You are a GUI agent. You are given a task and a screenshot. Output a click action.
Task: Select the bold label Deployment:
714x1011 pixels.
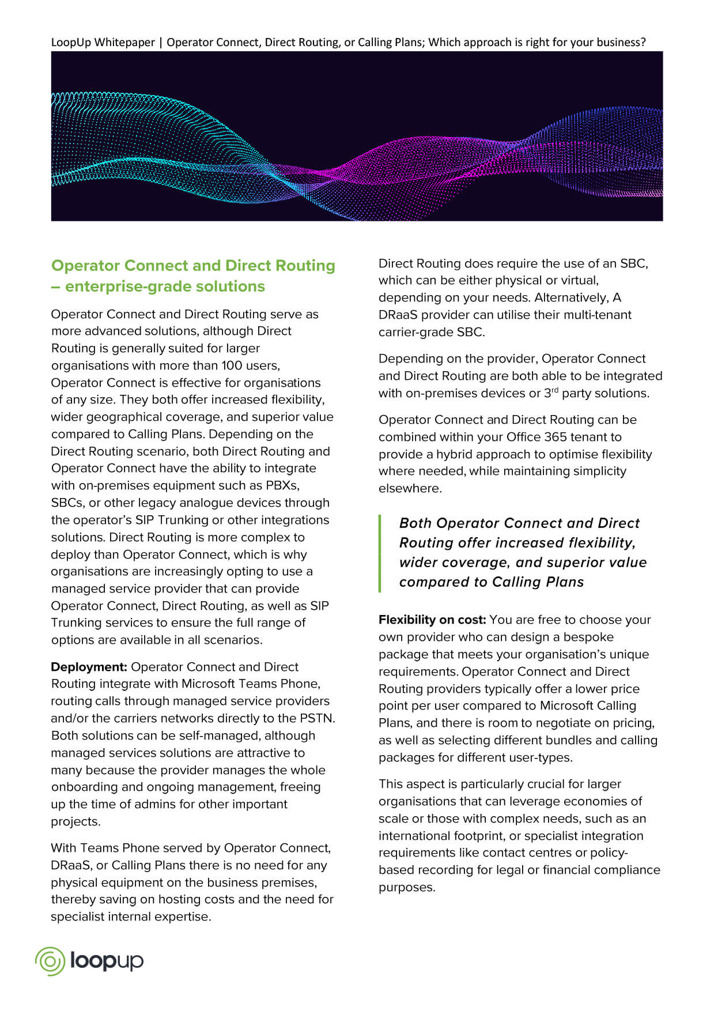(x=89, y=667)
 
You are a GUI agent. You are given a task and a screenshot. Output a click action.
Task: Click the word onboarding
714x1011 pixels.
(x=86, y=787)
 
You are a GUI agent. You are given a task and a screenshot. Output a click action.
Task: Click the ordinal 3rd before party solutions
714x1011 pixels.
(x=551, y=393)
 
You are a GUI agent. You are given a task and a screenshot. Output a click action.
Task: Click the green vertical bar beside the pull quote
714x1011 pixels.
(x=380, y=553)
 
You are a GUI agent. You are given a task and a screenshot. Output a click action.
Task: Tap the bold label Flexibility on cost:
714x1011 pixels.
(x=432, y=620)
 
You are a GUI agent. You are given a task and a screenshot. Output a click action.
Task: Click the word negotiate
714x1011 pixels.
(x=554, y=723)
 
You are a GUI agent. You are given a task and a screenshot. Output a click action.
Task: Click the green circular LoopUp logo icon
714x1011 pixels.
(x=50, y=961)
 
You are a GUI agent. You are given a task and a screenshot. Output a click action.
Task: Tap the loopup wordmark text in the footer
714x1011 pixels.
(x=107, y=961)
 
